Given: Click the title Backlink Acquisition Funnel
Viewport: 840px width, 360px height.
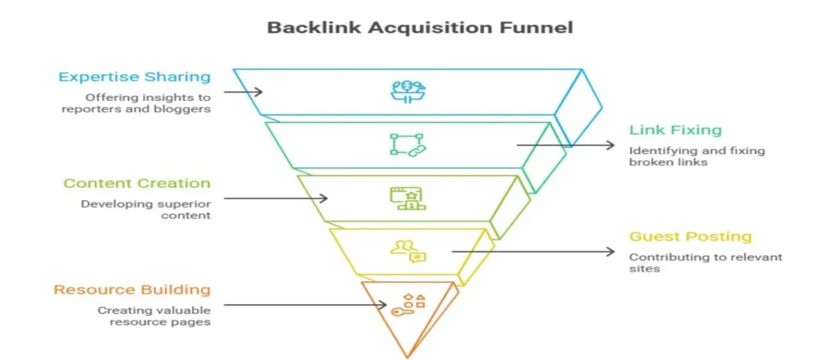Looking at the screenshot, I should tap(419, 27).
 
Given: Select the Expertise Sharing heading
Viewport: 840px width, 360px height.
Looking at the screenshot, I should tap(134, 77).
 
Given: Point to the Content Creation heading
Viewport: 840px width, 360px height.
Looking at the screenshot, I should tap(137, 183).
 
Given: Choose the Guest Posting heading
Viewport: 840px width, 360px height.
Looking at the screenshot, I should tap(690, 236).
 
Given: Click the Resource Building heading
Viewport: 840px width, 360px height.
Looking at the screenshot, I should tap(132, 289).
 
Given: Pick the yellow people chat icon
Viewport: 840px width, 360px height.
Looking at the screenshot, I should tap(407, 251).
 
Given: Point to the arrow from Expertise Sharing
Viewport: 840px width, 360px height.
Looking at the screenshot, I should tap(243, 92).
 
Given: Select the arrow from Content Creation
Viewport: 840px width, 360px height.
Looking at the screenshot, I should tap(276, 198).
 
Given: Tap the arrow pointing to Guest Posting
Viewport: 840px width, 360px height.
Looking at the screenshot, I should tap(533, 251).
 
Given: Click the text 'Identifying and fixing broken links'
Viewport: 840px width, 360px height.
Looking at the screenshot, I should tap(675, 156).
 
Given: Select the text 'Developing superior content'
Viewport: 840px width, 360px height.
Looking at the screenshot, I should tap(145, 209).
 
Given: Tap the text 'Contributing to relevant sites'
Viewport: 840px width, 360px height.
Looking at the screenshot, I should tap(705, 262).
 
